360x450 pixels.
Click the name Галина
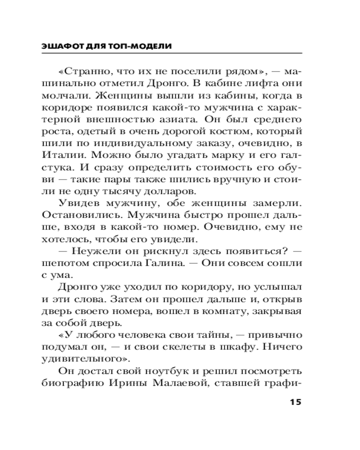[x=190, y=264]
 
